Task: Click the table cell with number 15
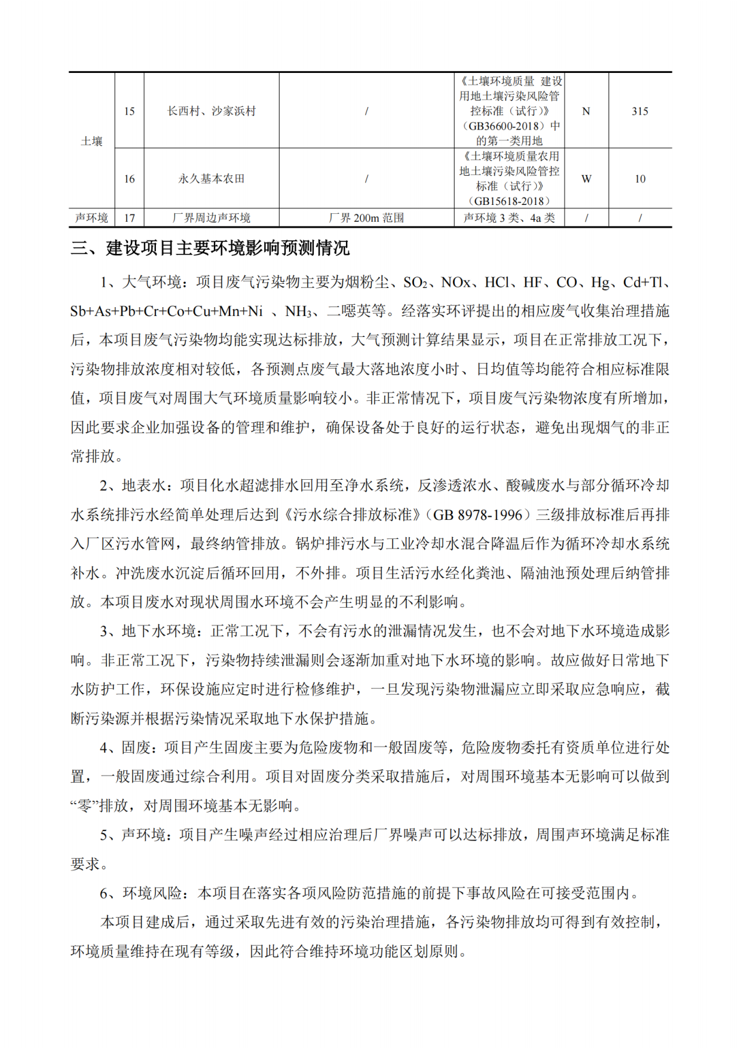click(129, 111)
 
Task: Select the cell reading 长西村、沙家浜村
click(211, 111)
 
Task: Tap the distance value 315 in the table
click(639, 111)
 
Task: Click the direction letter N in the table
click(586, 111)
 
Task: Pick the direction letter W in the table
click(586, 179)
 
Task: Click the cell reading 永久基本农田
click(211, 179)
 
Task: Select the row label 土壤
click(91, 141)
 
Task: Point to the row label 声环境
click(91, 218)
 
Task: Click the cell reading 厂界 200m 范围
click(366, 218)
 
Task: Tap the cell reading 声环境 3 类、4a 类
click(509, 218)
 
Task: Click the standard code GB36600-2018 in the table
click(505, 126)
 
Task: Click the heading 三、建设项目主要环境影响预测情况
click(210, 248)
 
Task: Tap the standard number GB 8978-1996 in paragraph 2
click(477, 515)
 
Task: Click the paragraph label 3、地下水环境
click(148, 631)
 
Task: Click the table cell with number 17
click(129, 218)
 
